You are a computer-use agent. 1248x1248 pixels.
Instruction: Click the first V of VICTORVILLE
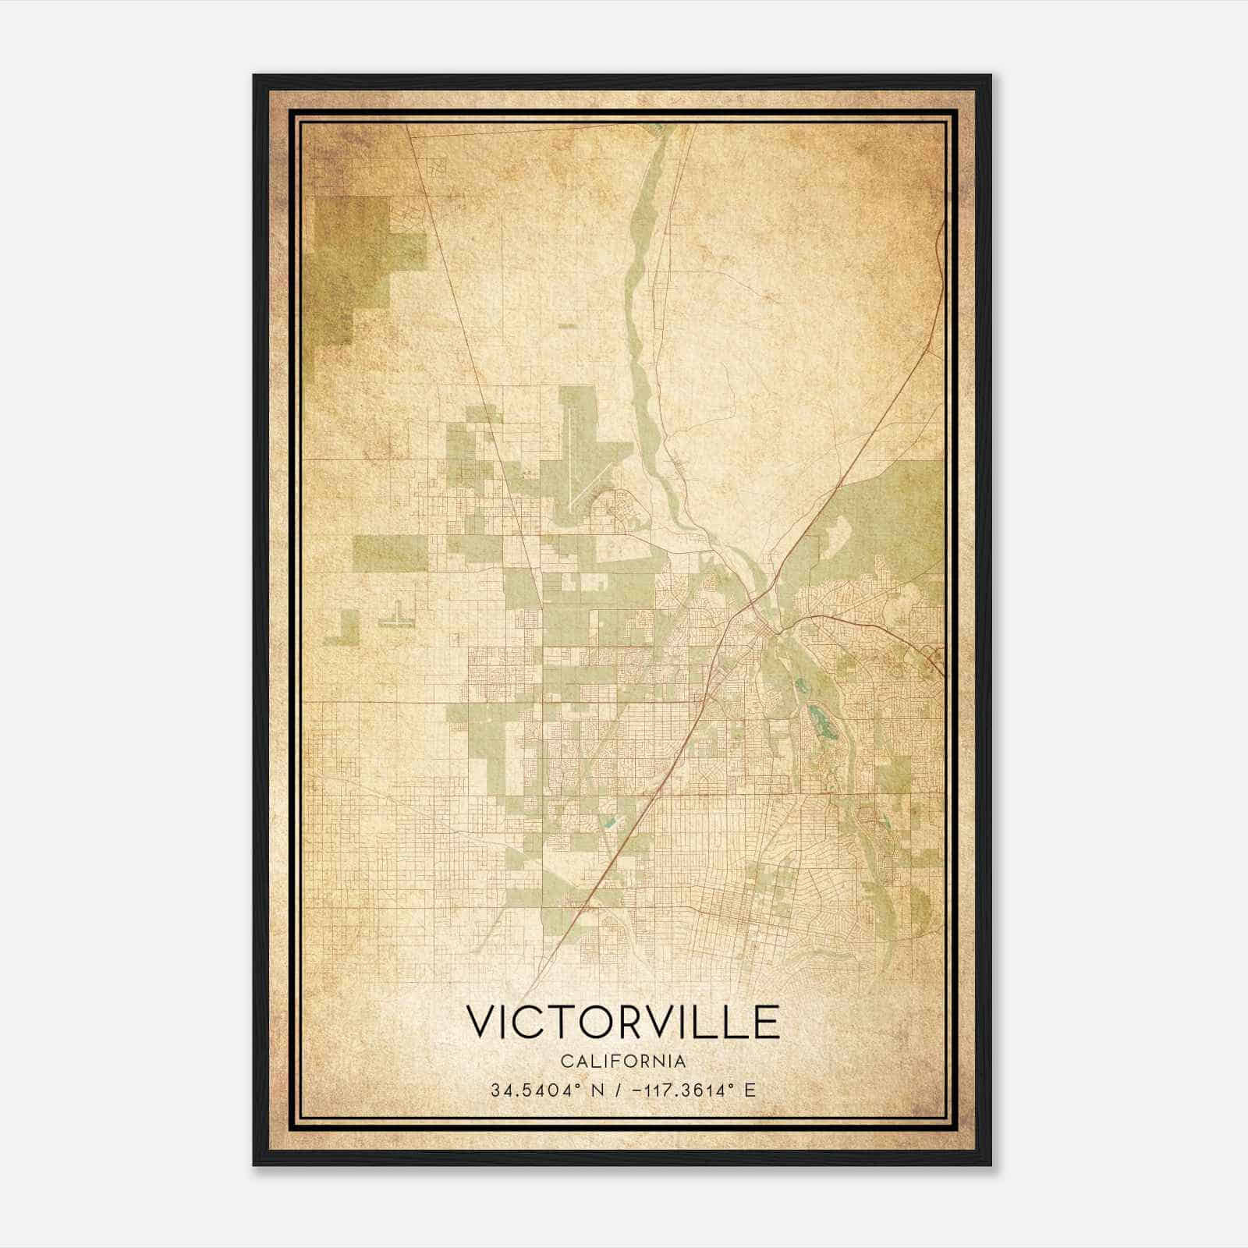tap(480, 1022)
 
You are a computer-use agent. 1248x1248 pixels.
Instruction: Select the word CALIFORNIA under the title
tap(622, 1061)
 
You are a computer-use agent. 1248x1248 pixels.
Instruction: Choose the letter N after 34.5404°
tap(597, 1090)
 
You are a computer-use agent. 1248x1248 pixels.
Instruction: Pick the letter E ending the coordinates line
tap(750, 1090)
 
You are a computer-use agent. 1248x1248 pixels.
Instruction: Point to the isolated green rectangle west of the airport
tap(390, 552)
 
